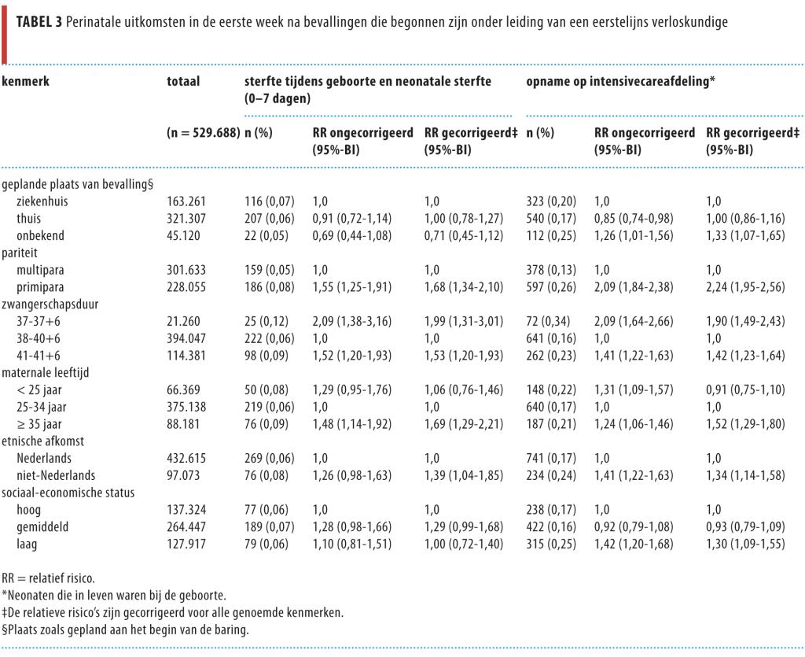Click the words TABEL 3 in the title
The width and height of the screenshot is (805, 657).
tap(40, 22)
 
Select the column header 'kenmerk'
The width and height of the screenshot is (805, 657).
tap(26, 81)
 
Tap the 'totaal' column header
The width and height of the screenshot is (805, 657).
tap(183, 81)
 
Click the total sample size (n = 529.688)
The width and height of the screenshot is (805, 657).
tap(203, 133)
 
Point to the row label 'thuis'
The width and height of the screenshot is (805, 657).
tap(28, 218)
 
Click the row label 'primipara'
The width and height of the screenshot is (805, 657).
tap(39, 286)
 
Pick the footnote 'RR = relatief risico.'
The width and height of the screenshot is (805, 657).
tap(48, 578)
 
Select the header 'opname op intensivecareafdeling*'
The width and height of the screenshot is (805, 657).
tap(620, 81)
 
